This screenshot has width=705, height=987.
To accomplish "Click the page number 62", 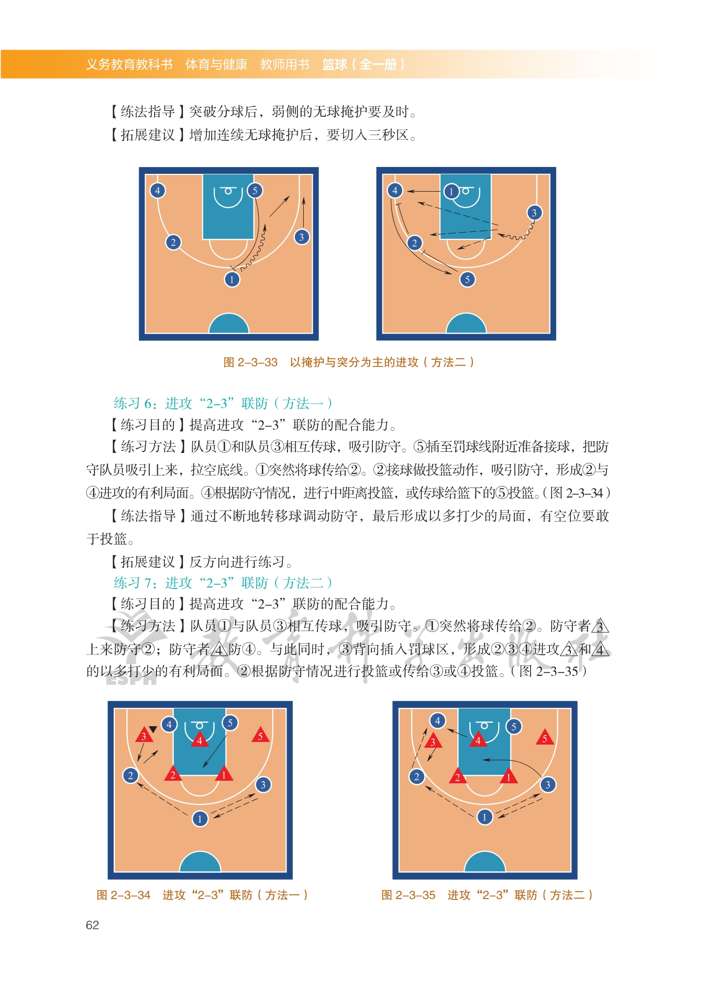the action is click(x=92, y=925).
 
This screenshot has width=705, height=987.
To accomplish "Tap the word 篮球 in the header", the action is click(x=335, y=64).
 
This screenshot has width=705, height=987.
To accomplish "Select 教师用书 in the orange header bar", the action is click(x=285, y=64).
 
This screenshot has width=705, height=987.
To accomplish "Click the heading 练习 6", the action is click(x=133, y=403).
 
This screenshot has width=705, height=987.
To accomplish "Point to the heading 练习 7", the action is click(x=133, y=583).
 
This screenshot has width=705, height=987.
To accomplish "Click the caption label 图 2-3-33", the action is click(x=250, y=362).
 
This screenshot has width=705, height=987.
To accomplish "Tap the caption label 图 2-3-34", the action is click(x=124, y=895).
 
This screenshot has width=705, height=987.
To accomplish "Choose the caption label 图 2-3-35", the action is click(x=409, y=895).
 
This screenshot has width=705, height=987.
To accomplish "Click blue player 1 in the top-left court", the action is click(x=232, y=280).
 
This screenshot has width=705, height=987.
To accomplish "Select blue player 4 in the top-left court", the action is click(x=158, y=191).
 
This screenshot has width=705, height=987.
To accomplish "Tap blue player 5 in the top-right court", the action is click(x=468, y=280).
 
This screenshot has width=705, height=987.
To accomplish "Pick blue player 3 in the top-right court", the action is click(x=534, y=213).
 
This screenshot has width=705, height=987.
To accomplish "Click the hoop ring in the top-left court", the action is click(x=228, y=191).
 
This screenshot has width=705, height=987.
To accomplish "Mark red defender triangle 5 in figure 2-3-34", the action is click(x=260, y=735).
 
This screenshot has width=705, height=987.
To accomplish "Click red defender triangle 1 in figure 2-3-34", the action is click(x=224, y=774).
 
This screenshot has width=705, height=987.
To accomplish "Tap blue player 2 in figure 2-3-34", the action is click(x=130, y=775).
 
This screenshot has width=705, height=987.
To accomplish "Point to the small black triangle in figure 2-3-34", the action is click(x=153, y=729).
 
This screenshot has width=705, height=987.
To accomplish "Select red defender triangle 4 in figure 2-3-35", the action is click(x=478, y=739).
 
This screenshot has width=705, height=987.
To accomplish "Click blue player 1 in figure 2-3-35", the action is click(x=485, y=817).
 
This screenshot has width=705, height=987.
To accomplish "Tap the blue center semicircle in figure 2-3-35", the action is click(x=485, y=863).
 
